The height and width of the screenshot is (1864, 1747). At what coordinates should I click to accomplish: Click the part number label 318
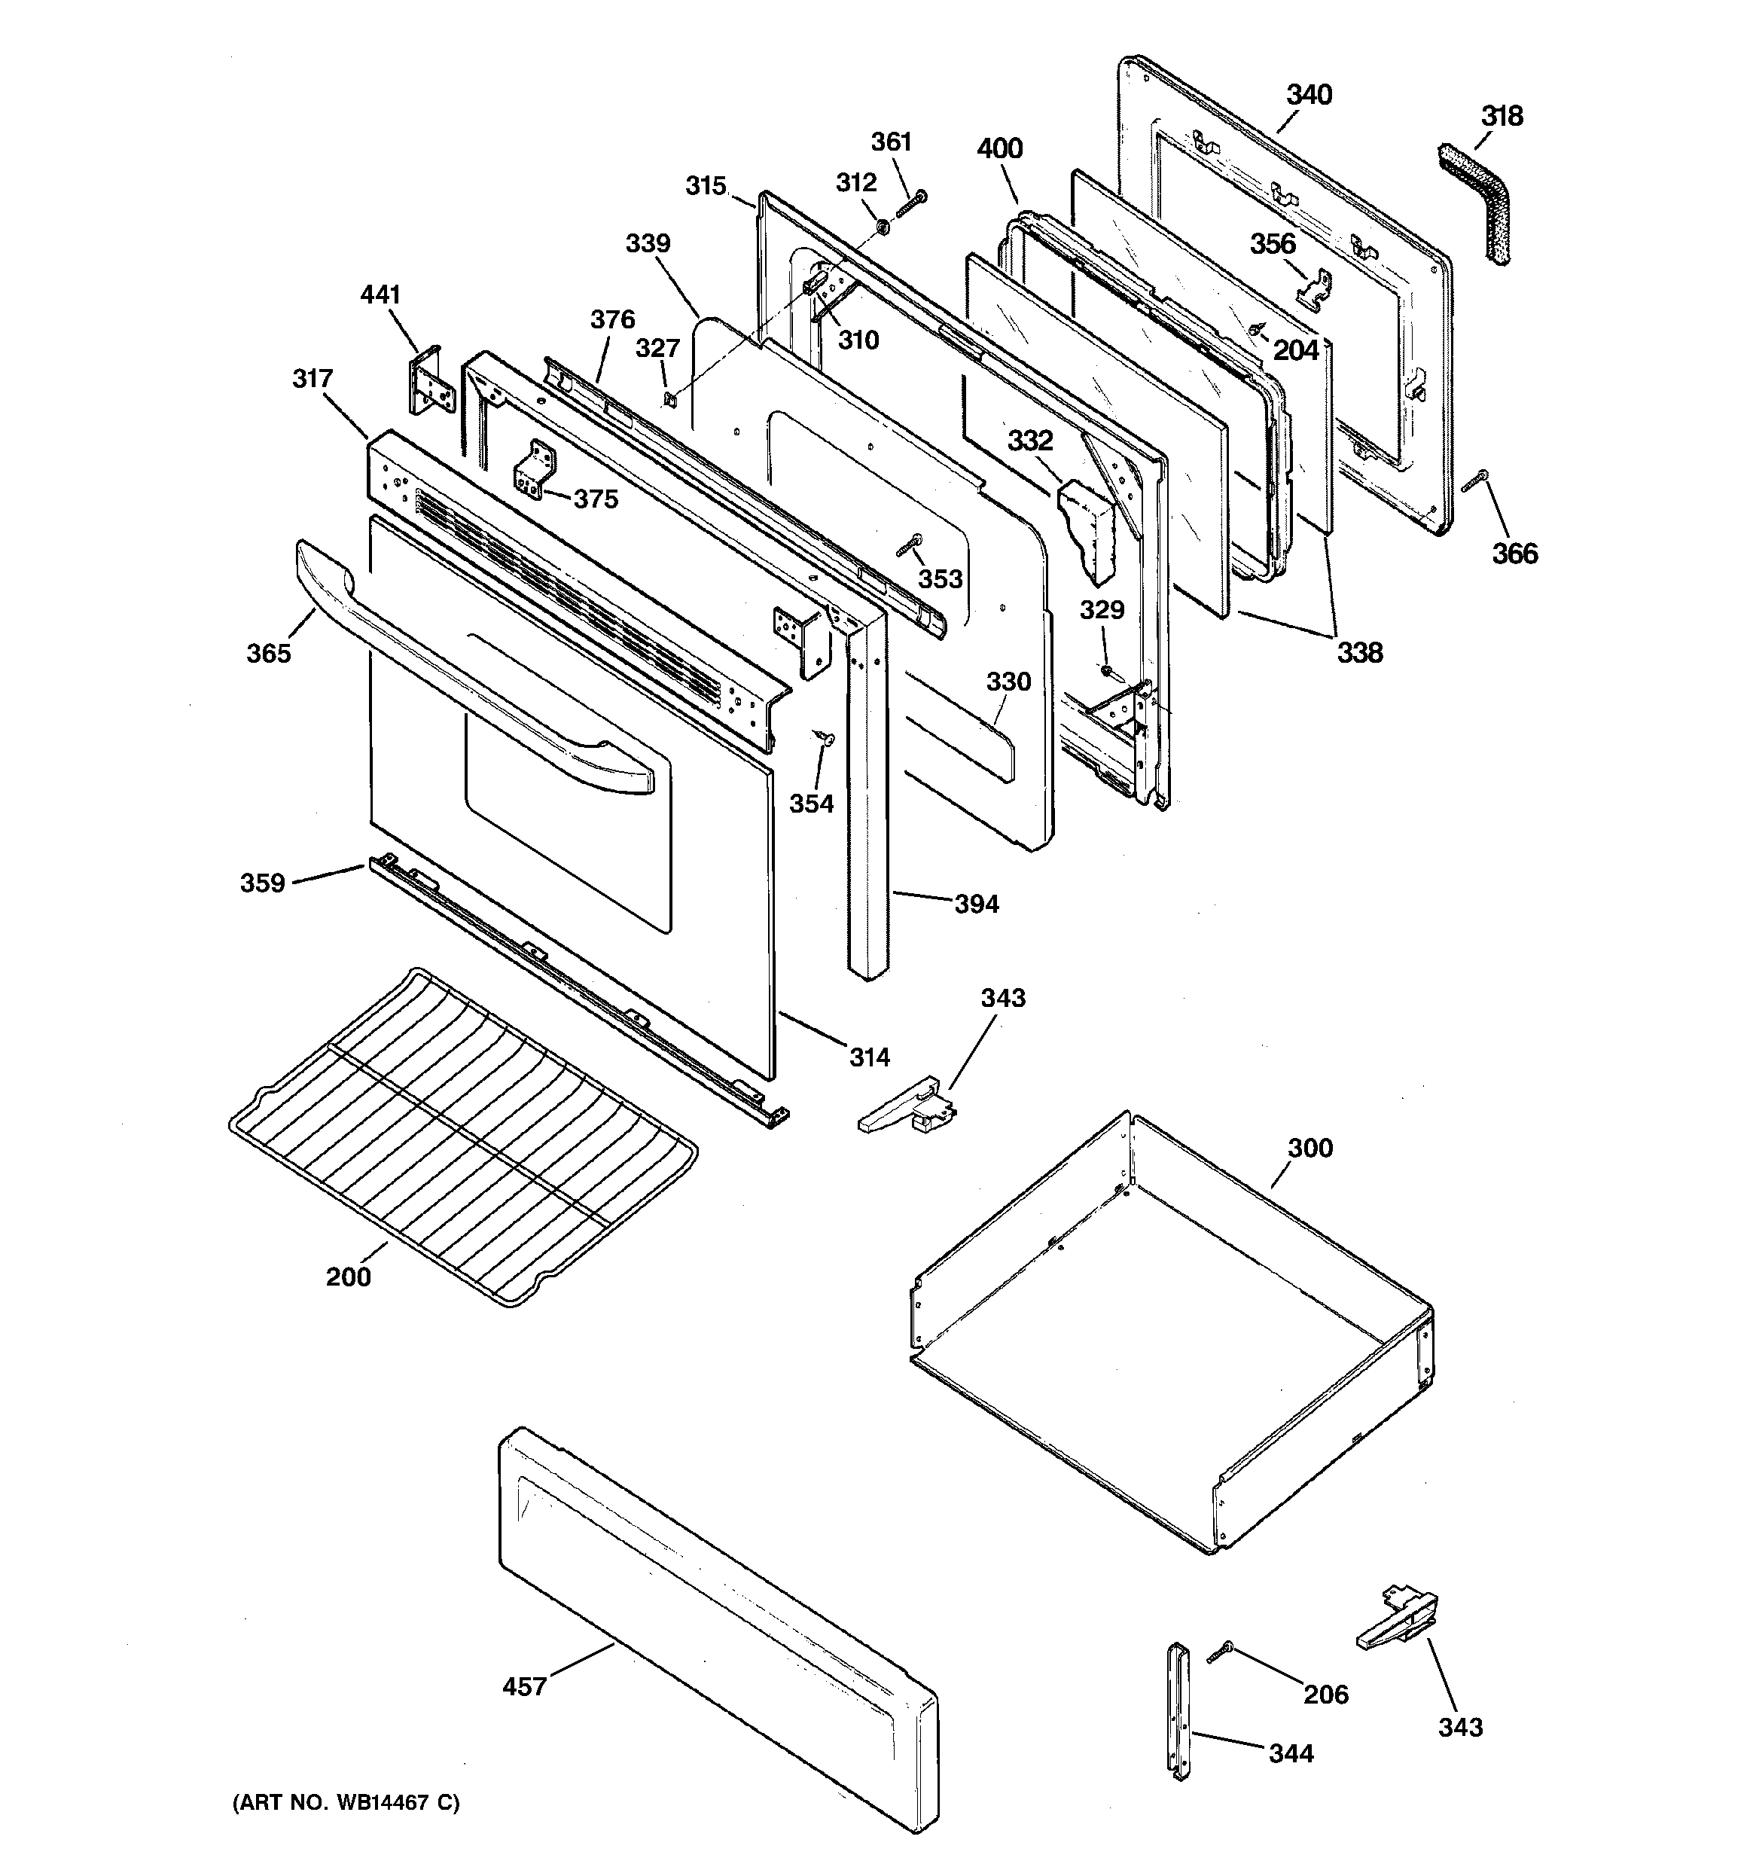(x=1502, y=116)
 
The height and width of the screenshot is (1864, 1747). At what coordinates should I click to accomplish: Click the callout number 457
(x=524, y=1687)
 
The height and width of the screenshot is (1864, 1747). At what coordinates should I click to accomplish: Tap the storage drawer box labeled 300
(x=1172, y=1332)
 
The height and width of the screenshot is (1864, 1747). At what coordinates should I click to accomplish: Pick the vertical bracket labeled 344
(x=1178, y=1708)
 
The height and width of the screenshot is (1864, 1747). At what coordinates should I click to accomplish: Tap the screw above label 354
(x=825, y=738)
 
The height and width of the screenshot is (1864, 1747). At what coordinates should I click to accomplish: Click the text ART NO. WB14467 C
(x=346, y=1802)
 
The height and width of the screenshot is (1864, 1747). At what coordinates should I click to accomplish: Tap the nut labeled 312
(x=883, y=226)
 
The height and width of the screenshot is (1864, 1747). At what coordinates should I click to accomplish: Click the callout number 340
(x=1308, y=95)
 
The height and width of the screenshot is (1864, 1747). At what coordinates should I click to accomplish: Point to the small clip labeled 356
(x=1316, y=288)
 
